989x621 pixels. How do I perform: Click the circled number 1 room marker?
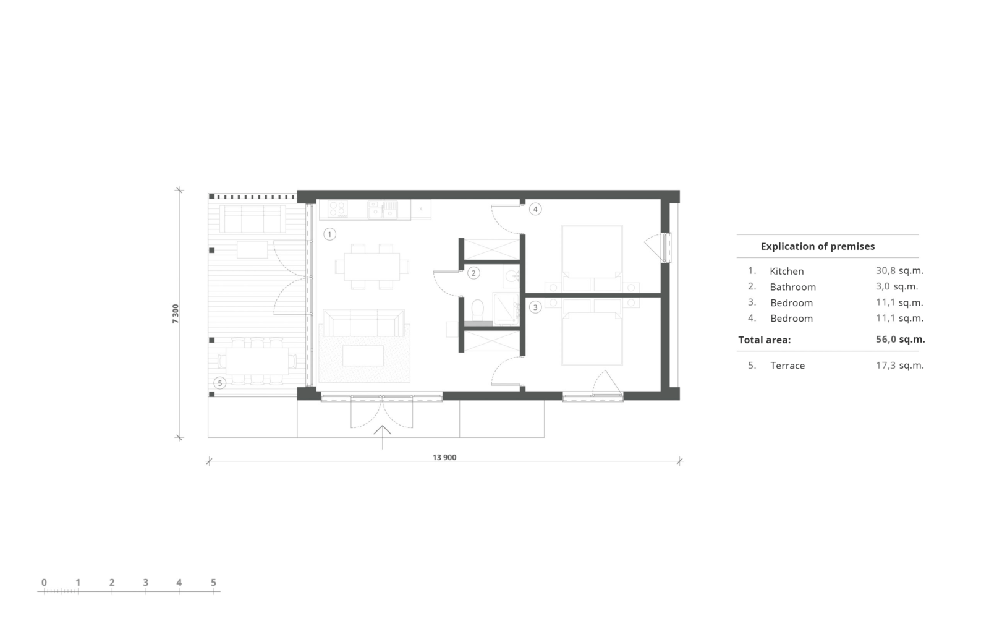click(x=329, y=234)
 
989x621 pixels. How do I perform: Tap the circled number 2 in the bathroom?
click(x=473, y=273)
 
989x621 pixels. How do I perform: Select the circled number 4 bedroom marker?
click(x=535, y=209)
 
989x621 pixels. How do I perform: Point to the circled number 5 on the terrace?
click(x=219, y=383)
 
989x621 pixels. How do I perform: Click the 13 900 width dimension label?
click(x=444, y=458)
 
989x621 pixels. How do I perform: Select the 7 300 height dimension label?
click(x=176, y=314)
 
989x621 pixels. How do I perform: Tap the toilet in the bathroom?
click(x=477, y=310)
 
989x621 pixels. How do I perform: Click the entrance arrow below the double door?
click(x=382, y=437)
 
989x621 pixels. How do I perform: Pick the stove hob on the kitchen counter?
click(x=337, y=209)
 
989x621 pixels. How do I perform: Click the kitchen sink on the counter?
click(x=383, y=209)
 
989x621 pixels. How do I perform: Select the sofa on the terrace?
click(x=252, y=218)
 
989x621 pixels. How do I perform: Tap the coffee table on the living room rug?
click(x=363, y=356)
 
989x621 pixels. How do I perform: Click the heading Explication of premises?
click(x=818, y=246)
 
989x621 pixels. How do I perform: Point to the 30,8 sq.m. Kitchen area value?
click(x=899, y=270)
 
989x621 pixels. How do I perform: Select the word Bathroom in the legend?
click(x=792, y=287)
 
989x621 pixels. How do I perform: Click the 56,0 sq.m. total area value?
click(x=900, y=339)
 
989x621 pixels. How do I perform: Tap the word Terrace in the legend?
click(x=787, y=366)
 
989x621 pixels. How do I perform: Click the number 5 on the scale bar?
click(x=213, y=583)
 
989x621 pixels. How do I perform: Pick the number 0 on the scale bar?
click(x=44, y=583)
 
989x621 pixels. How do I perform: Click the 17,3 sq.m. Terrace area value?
click(x=900, y=366)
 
